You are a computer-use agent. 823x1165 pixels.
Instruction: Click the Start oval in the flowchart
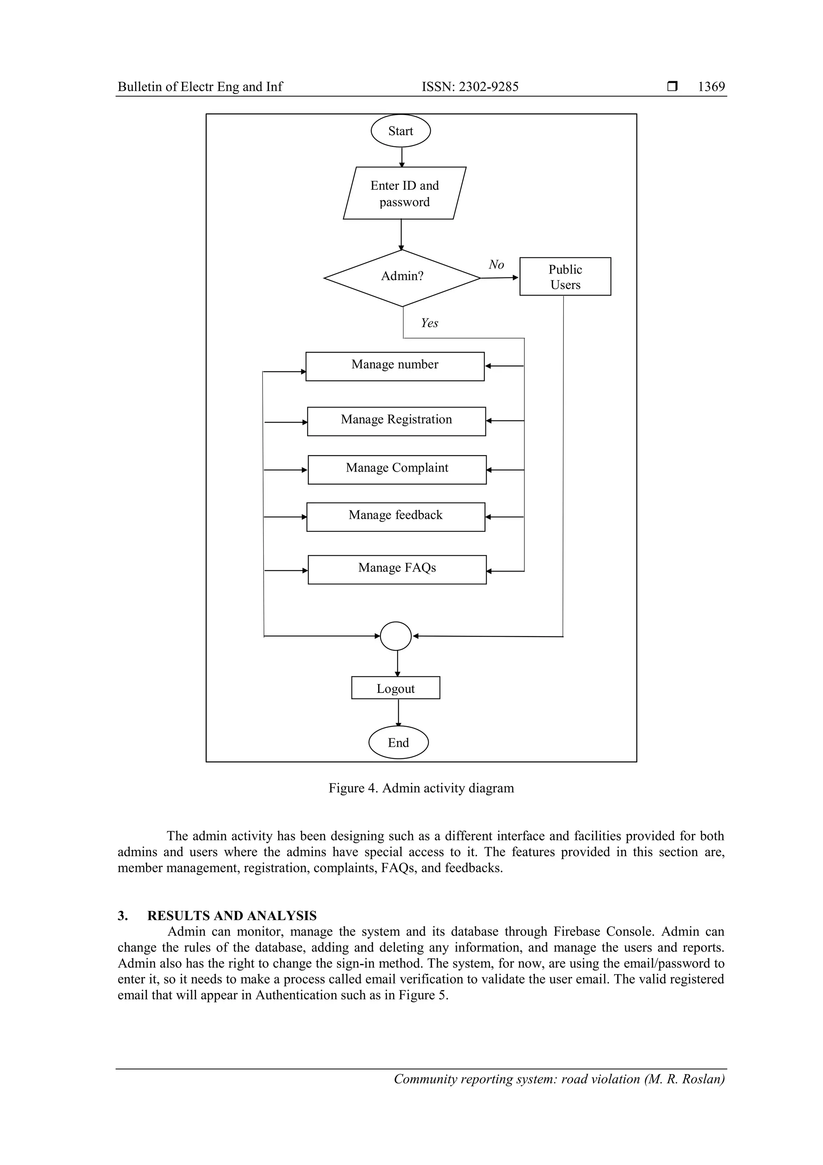400,131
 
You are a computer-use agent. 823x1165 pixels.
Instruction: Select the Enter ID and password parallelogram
404,193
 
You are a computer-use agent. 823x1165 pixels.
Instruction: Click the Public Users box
565,277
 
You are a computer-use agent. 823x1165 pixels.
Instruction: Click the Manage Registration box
396,421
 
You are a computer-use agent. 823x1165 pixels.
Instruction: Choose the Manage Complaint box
397,469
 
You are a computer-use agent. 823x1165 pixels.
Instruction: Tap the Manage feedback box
395,516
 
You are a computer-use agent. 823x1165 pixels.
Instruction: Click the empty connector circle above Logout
395,636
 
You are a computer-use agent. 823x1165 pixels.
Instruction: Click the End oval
398,742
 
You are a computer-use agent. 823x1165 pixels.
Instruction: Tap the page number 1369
711,87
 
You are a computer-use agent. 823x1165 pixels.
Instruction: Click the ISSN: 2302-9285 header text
470,87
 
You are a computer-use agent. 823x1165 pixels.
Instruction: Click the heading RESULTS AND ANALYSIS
232,915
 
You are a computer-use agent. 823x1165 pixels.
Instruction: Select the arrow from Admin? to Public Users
499,277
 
